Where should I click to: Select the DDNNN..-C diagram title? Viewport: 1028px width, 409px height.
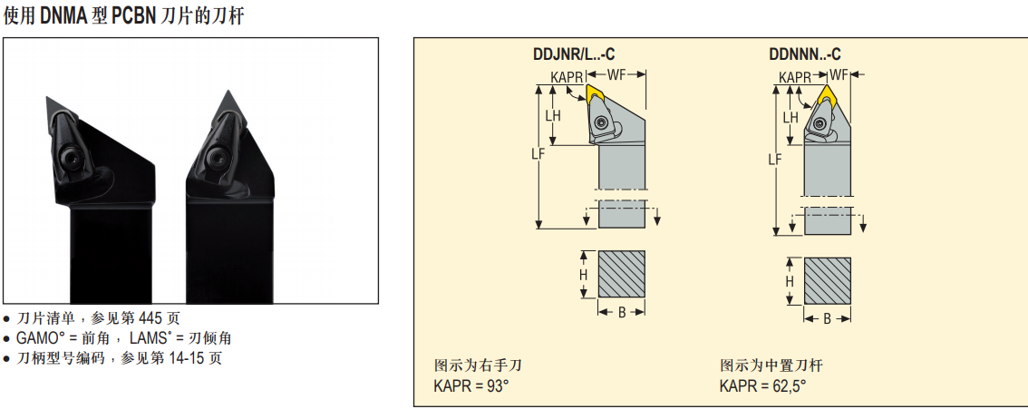coord(804,54)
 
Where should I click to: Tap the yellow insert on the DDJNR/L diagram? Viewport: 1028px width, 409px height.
coord(596,93)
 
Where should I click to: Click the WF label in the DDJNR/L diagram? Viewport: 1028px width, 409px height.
coord(617,74)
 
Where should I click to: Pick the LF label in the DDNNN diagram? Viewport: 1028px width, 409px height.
coord(775,160)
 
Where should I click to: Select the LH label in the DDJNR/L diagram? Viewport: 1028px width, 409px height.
coord(553,116)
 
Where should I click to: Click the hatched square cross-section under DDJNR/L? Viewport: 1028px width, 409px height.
coord(622,274)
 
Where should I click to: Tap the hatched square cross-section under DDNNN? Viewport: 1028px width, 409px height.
coord(828,280)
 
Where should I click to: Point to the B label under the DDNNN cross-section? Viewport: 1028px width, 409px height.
coord(828,318)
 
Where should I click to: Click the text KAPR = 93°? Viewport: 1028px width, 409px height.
coord(471,386)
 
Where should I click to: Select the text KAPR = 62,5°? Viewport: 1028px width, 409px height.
coord(762,386)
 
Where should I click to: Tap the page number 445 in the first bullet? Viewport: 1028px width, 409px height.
coord(151,318)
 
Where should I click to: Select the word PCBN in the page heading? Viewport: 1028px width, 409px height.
coord(133,15)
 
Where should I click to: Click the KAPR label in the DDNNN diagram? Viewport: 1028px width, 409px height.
coord(795,77)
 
